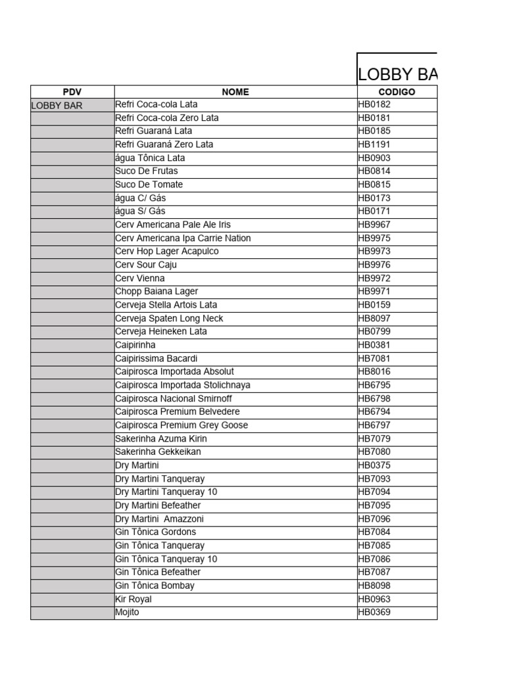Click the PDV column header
[x=72, y=92]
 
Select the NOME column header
[x=235, y=92]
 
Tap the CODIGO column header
[x=397, y=92]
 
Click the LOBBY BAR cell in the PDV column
[x=57, y=105]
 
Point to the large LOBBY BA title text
[x=397, y=74]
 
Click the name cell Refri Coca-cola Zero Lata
[x=167, y=118]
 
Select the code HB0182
[x=374, y=104]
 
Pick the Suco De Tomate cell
[x=149, y=185]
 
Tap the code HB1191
[x=374, y=145]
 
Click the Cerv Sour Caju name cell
[x=146, y=265]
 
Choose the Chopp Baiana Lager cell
[x=156, y=291]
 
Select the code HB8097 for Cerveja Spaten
[x=374, y=318]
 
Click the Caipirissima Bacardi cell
[x=156, y=358]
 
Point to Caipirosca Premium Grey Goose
[x=181, y=425]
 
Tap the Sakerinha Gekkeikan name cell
[x=158, y=452]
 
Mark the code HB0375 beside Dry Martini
[x=374, y=465]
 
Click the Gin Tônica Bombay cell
[x=155, y=586]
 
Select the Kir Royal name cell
[x=133, y=599]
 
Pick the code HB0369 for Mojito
[x=374, y=613]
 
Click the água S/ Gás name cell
[x=140, y=211]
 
